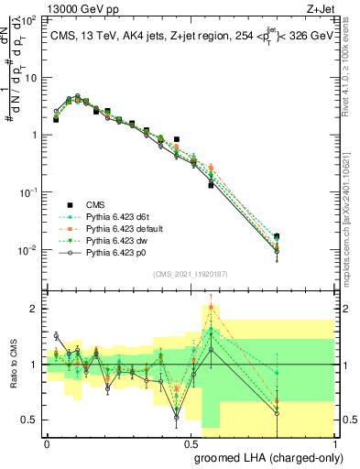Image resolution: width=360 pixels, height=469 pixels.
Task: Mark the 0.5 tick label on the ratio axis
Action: [30, 420]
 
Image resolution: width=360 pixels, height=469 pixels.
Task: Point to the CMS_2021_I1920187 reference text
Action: [190, 274]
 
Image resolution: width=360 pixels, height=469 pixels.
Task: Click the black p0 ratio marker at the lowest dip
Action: [177, 418]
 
